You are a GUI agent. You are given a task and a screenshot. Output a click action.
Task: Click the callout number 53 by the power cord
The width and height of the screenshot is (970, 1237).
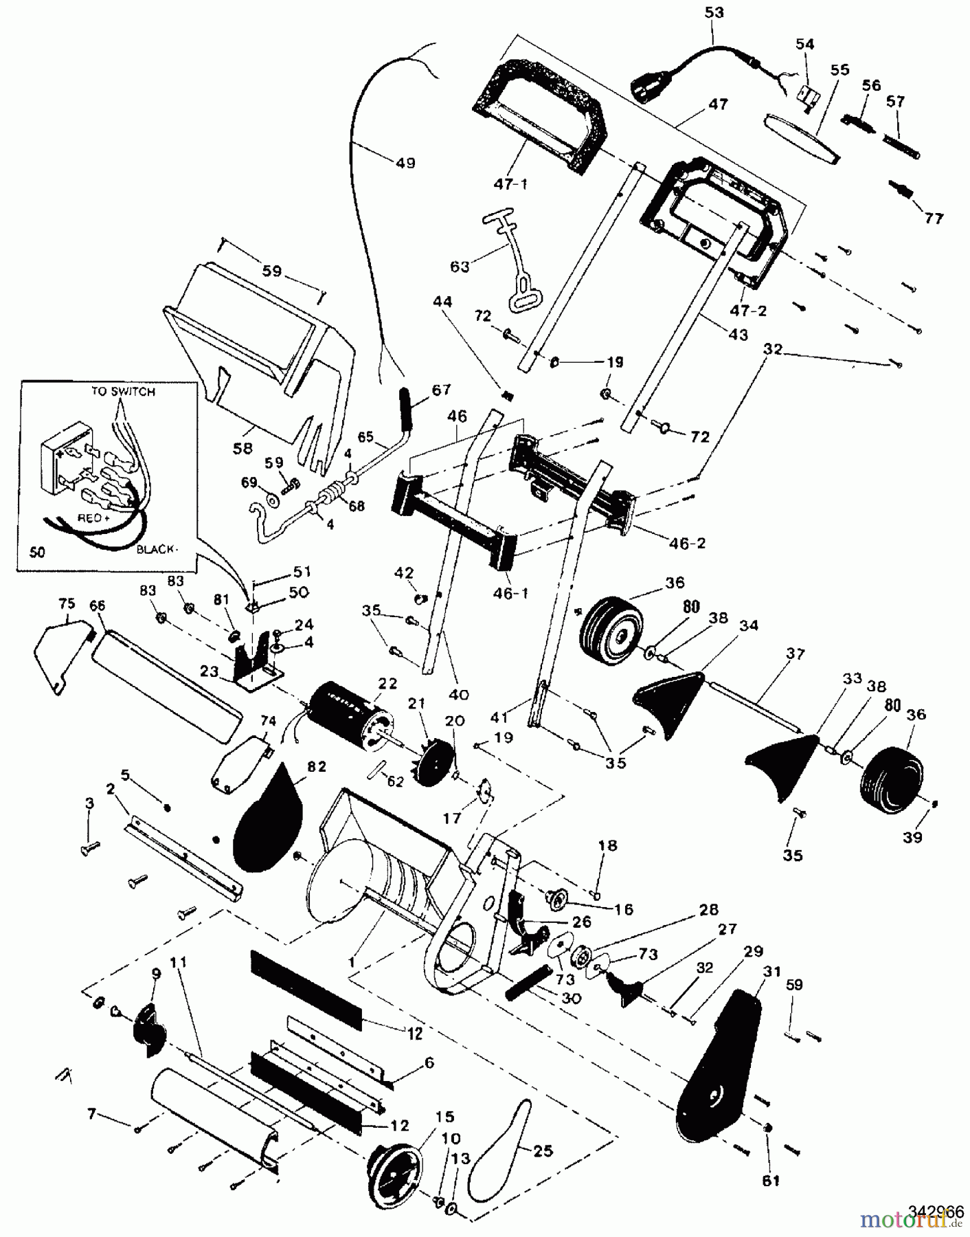(714, 13)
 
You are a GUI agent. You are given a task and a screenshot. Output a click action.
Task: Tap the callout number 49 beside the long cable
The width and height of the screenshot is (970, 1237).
(405, 164)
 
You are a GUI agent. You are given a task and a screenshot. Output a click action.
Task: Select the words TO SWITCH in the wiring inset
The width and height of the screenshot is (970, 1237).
(123, 392)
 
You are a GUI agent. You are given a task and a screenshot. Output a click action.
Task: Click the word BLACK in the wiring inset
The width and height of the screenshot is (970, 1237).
(157, 550)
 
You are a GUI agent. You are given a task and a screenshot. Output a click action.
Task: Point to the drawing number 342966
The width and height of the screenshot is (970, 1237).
(936, 1210)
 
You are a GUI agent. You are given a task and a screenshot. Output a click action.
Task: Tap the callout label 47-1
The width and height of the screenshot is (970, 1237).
(510, 184)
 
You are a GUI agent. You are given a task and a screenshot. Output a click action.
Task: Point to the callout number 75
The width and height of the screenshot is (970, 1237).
(66, 604)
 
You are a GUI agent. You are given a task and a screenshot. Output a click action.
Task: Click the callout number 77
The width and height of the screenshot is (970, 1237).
(933, 219)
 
